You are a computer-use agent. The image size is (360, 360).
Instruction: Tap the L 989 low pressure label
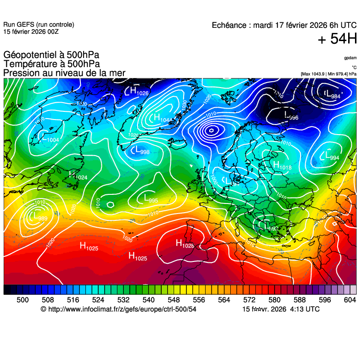pyautogui.click(x=37, y=216)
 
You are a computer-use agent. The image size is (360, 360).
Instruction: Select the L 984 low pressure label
pyautogui.click(x=332, y=94)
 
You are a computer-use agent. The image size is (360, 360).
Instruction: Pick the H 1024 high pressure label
pyautogui.click(x=78, y=175)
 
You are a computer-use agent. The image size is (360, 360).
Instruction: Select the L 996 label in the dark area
pyautogui.click(x=291, y=115)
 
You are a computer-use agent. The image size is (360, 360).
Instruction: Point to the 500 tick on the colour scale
pyautogui.click(x=23, y=299)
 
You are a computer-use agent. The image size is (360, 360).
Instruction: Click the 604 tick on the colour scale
pyautogui.click(x=350, y=299)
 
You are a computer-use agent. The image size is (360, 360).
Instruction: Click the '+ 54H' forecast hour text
pyautogui.click(x=337, y=40)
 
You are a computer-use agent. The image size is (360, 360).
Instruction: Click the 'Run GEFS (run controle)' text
pyautogui.click(x=39, y=25)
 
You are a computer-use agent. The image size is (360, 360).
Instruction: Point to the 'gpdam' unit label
pyautogui.click(x=350, y=58)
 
